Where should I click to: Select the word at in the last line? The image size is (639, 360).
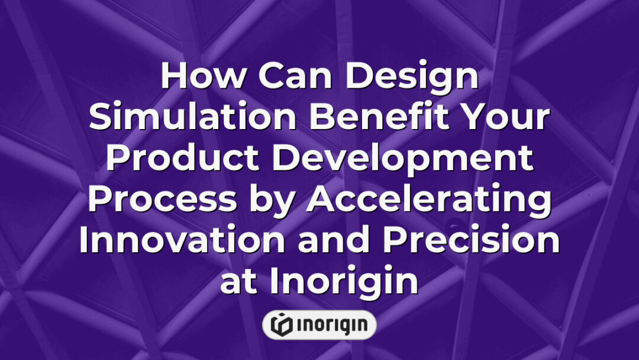[x=239, y=282]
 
